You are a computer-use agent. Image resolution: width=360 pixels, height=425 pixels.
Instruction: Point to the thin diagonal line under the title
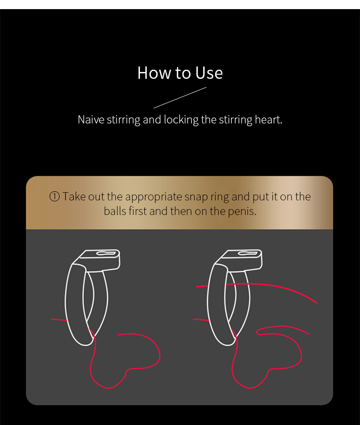click(180, 97)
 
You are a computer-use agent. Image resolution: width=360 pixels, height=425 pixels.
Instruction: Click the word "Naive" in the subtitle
click(91, 119)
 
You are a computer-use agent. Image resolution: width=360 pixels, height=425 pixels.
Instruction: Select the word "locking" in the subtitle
click(181, 120)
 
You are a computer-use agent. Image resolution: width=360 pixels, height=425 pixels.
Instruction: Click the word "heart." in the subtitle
click(269, 119)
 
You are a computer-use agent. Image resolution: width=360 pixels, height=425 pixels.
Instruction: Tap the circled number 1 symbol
click(55, 196)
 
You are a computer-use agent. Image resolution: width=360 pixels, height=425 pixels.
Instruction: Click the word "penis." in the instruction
click(242, 212)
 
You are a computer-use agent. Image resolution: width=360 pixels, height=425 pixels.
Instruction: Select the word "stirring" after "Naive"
click(123, 120)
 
